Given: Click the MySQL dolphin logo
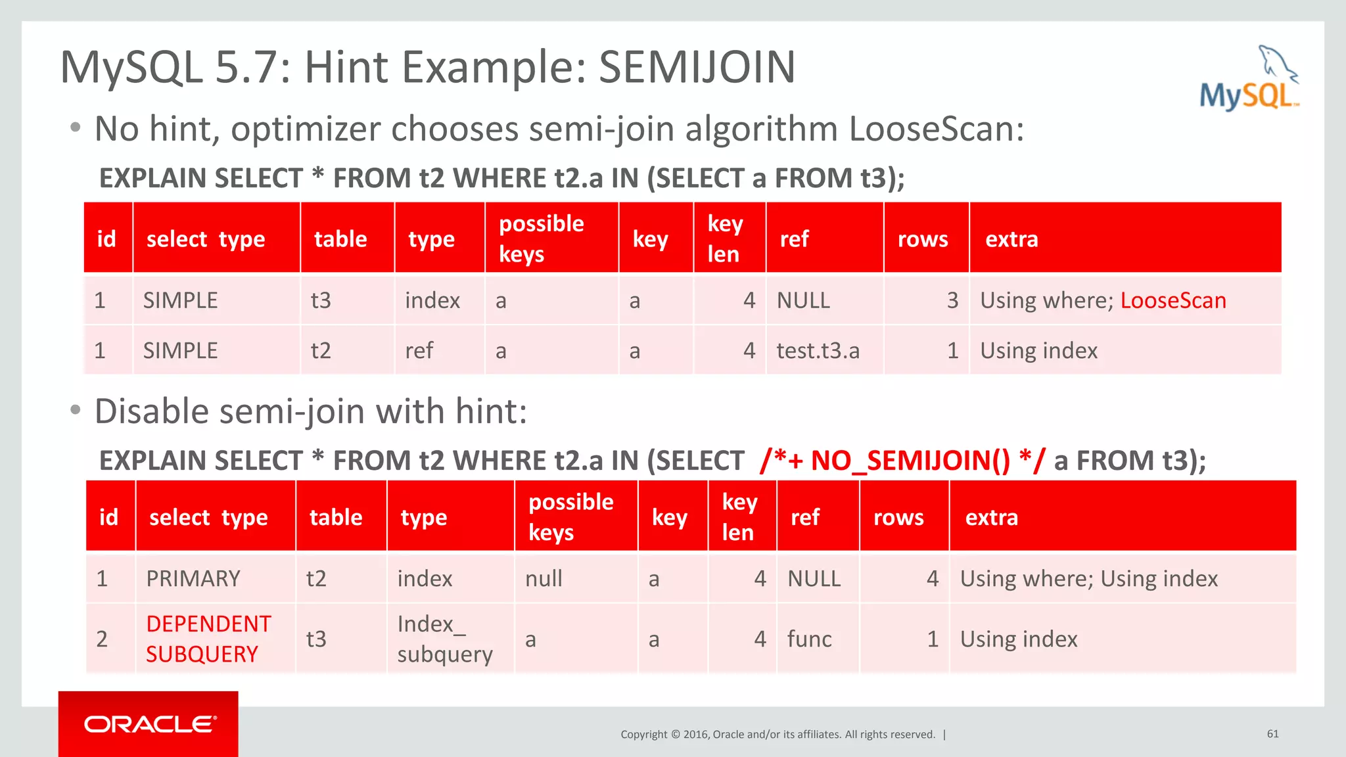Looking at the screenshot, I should click(x=1249, y=79).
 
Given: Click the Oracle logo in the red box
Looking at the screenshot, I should click(x=149, y=724).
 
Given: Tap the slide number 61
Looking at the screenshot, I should click(x=1272, y=733).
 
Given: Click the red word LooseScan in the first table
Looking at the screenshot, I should click(x=1172, y=300).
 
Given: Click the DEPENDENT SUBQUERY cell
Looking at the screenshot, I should click(x=208, y=639).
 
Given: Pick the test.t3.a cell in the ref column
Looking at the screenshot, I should click(x=818, y=351).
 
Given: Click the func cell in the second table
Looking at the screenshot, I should click(x=809, y=639).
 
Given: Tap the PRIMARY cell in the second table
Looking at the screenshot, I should click(x=193, y=579).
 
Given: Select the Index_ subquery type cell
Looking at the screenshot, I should click(x=445, y=639).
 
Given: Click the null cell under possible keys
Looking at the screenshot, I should click(x=544, y=579).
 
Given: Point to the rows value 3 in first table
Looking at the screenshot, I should click(x=952, y=300).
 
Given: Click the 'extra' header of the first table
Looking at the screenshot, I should click(x=1011, y=239).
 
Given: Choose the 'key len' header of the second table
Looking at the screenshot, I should click(x=739, y=517).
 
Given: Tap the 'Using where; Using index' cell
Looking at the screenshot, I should click(x=1088, y=579).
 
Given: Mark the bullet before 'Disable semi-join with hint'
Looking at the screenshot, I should click(x=76, y=411).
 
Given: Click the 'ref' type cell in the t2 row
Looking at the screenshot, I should click(x=419, y=351).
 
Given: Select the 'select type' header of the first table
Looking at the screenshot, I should click(x=206, y=239).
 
